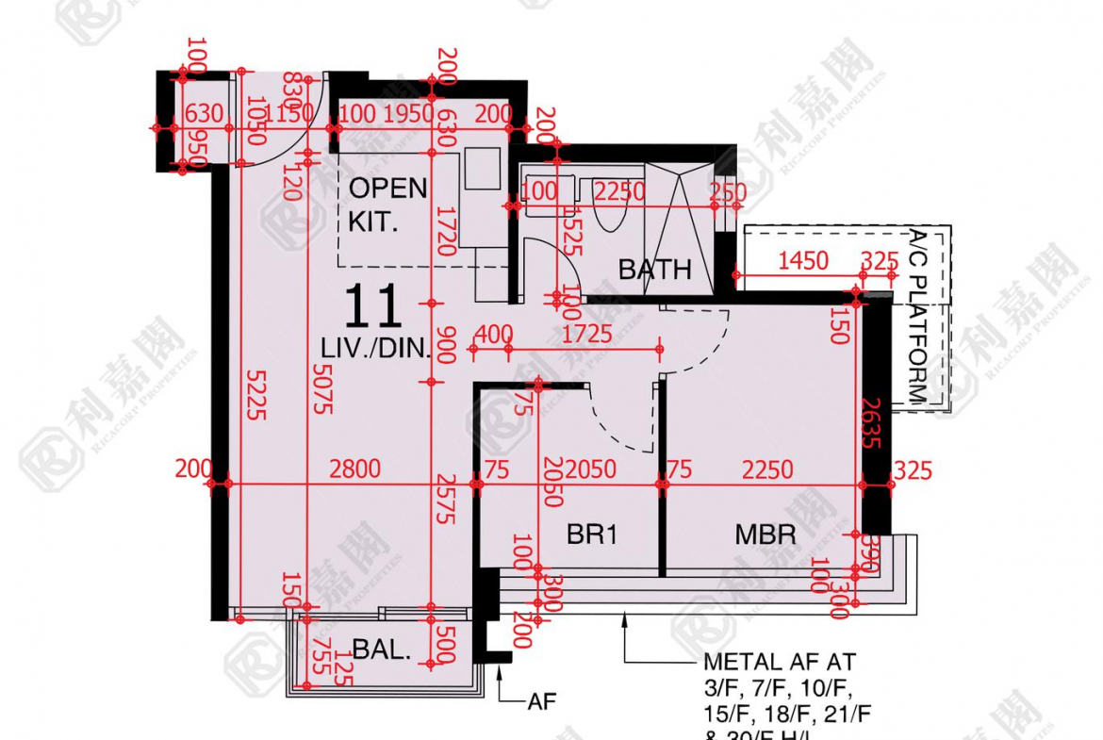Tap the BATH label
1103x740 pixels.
pyautogui.click(x=654, y=270)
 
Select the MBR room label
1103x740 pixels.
pyautogui.click(x=766, y=535)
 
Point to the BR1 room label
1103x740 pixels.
pyautogui.click(x=592, y=535)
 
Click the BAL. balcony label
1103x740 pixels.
pyautogui.click(x=381, y=649)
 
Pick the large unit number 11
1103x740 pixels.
pyautogui.click(x=372, y=306)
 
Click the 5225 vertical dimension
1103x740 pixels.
pyautogui.click(x=255, y=395)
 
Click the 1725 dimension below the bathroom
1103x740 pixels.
pyautogui.click(x=585, y=334)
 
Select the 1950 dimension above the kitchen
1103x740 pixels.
pyautogui.click(x=408, y=113)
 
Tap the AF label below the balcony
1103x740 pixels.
pyautogui.click(x=542, y=700)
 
